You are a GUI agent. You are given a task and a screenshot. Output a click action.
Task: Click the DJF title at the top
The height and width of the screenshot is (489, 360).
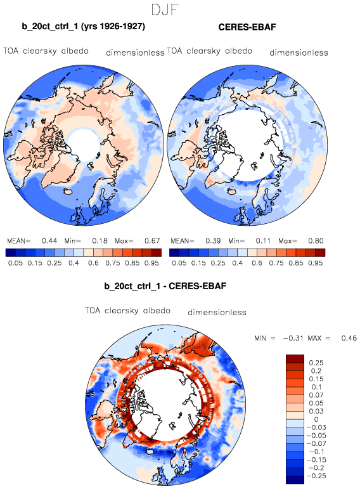pos(165,10)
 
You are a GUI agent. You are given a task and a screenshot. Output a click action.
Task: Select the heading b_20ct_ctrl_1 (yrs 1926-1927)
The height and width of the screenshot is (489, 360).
pos(84,27)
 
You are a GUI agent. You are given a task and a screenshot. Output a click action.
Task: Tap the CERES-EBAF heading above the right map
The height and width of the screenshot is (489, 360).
pos(247,27)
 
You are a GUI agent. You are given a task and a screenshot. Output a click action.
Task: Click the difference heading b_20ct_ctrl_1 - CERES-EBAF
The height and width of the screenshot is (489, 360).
pos(165,286)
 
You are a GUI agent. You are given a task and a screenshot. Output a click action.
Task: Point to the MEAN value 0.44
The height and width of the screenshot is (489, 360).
pos(49,241)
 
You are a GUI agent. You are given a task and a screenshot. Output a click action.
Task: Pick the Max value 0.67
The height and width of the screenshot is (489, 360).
pos(152,241)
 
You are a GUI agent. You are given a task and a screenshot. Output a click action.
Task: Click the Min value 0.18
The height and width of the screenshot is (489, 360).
pos(100,241)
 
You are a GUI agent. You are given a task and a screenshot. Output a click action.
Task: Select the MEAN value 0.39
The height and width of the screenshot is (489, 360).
pos(213,241)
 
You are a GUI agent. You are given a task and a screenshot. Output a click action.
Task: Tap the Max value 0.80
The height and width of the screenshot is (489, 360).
pos(316,241)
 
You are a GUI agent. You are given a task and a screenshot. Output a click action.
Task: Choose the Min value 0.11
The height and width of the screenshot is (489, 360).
pos(264,241)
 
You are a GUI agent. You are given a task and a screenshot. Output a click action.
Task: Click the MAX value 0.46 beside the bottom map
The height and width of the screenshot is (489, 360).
pos(349,338)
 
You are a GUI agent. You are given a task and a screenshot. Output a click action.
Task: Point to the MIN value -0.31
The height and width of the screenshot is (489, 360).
pos(293,338)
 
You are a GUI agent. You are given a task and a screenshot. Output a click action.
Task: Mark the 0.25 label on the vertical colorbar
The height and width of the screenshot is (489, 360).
pos(316,363)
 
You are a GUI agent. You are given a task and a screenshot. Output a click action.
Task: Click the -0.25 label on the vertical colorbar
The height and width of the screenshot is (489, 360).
pos(316,476)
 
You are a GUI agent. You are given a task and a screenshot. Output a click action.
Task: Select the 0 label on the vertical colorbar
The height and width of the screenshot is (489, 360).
pos(316,419)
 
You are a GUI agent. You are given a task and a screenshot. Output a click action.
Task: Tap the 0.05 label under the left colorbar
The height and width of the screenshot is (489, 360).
pos(16,263)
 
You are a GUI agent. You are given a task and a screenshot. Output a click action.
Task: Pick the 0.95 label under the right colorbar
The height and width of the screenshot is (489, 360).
pos(315,263)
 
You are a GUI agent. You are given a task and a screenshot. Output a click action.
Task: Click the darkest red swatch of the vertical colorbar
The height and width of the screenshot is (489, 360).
pos(295,358)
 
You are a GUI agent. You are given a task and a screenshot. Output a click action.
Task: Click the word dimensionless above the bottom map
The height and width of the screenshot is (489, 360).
pos(217,312)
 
